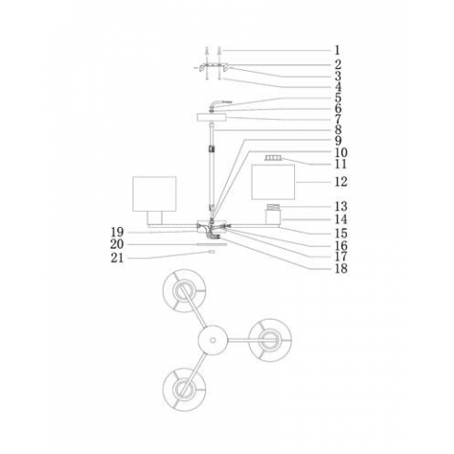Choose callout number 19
coord(118,232)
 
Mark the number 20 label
coord(118,244)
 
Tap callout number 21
coord(118,256)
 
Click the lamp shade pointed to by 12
coord(273,182)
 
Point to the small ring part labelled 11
coord(273,158)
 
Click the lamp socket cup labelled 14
coord(274,217)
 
